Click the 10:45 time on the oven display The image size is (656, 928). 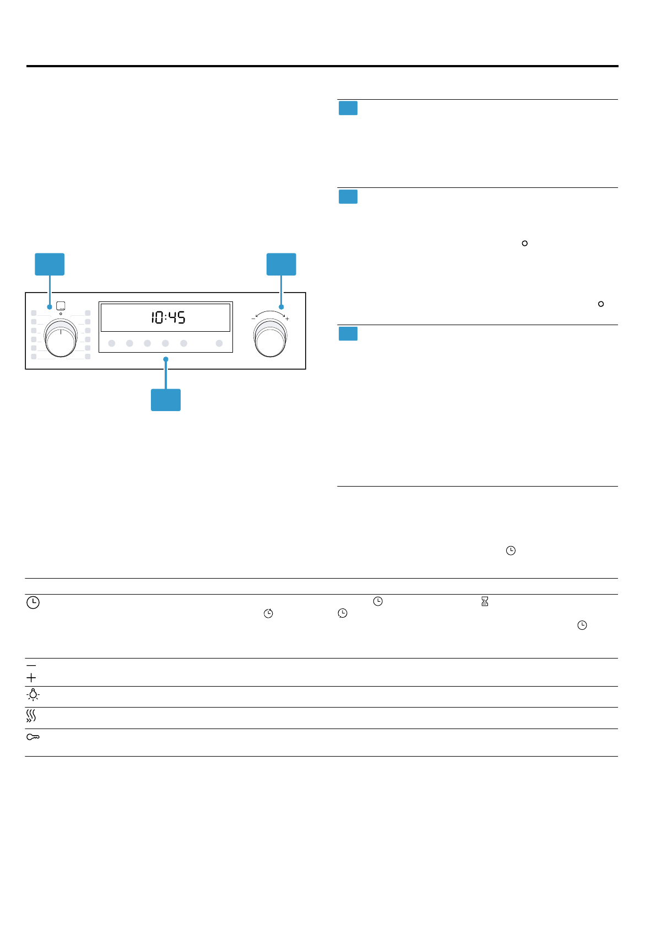[x=168, y=317]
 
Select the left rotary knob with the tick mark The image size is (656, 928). [x=61, y=338]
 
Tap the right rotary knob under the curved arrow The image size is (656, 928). [x=270, y=338]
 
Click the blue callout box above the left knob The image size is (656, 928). [x=50, y=264]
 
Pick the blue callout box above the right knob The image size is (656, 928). [x=281, y=264]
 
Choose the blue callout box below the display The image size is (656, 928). [x=166, y=400]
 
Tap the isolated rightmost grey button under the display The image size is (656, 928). [x=219, y=343]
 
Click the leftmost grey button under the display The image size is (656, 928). [x=111, y=343]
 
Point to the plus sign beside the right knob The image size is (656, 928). [x=287, y=319]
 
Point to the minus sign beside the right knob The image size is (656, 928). [x=253, y=319]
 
